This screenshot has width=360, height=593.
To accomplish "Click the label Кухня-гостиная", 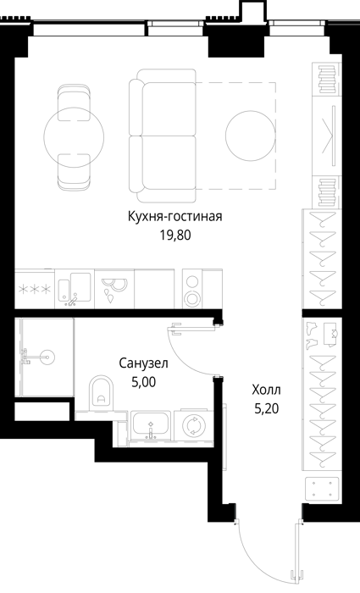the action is (174, 217).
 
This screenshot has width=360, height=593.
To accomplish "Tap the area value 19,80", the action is (175, 236).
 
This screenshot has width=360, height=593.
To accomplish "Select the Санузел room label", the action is (143, 363).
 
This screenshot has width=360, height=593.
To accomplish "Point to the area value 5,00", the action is (143, 382).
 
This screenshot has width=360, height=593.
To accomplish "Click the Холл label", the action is (267, 390).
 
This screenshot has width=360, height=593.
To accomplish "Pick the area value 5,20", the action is (267, 408).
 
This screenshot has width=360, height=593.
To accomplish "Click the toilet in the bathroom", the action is (102, 393).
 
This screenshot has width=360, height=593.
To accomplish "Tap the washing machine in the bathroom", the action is (194, 425).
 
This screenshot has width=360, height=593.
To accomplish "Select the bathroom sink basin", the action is (151, 424).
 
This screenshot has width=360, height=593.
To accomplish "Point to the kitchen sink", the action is (75, 288).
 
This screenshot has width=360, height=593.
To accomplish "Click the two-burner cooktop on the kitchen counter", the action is (192, 290).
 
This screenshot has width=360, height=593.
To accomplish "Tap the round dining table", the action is (74, 137).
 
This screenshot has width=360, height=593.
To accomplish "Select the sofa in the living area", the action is (163, 136).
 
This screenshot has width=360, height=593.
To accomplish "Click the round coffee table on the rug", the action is (251, 136).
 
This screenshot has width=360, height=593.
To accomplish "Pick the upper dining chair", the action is (74, 103).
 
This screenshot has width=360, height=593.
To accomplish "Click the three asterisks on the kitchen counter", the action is (35, 290).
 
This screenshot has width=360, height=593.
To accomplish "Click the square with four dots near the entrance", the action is (322, 488).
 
